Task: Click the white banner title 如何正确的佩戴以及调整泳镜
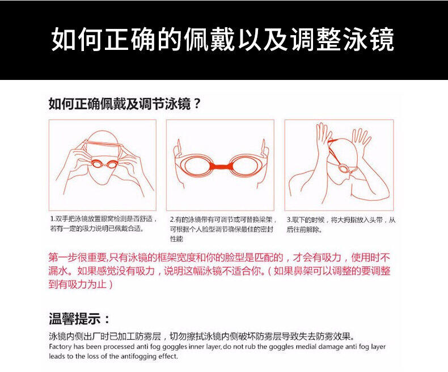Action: coord(222,40)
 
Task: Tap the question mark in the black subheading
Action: coord(197,104)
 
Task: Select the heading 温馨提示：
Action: coord(79,319)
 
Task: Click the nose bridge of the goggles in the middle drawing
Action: coord(219,166)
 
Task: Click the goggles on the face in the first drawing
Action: coord(104,164)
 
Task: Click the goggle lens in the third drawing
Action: coord(343,168)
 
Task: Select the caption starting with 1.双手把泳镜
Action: coord(103,224)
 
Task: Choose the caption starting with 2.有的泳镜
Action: coord(223,229)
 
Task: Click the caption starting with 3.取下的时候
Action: coord(341,225)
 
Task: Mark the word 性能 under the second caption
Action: coord(176,239)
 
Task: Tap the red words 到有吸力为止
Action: coord(78,285)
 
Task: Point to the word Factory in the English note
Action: coord(60,347)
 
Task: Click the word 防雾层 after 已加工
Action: coord(148,336)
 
